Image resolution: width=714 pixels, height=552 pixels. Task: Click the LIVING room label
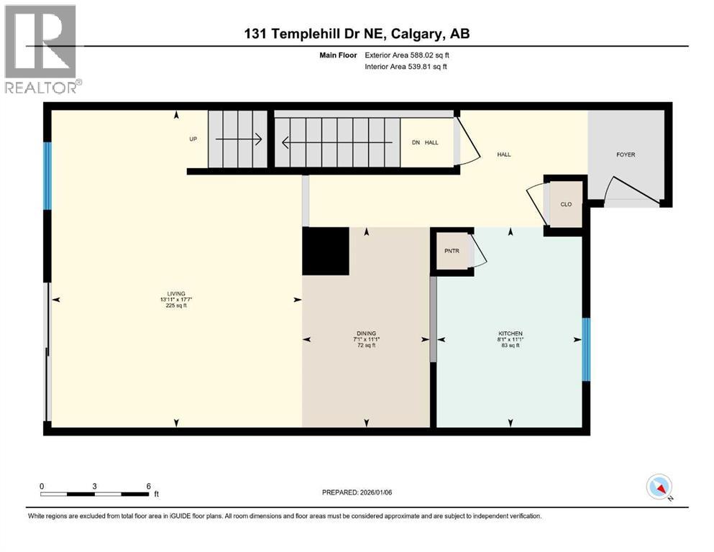(x=177, y=293)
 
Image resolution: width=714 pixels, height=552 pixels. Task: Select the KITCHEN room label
(x=510, y=333)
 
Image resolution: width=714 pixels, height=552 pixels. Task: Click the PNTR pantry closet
(x=452, y=252)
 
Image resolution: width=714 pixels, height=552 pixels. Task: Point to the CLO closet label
(x=566, y=205)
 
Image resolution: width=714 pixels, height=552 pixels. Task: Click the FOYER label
(x=626, y=155)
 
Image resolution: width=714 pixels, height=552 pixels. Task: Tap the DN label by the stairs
(x=416, y=142)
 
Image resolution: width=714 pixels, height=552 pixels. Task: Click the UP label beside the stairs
(x=193, y=139)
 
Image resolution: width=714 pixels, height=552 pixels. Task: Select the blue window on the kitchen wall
(x=586, y=349)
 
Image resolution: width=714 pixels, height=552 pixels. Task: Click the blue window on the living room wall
(x=47, y=176)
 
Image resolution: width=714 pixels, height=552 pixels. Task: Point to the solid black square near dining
(x=325, y=251)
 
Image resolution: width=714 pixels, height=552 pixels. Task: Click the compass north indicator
(x=659, y=488)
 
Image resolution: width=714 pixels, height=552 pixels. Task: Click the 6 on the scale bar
(x=148, y=486)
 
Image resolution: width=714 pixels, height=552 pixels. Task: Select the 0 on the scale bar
(x=42, y=486)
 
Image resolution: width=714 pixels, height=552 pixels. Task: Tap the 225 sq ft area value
(x=177, y=306)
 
